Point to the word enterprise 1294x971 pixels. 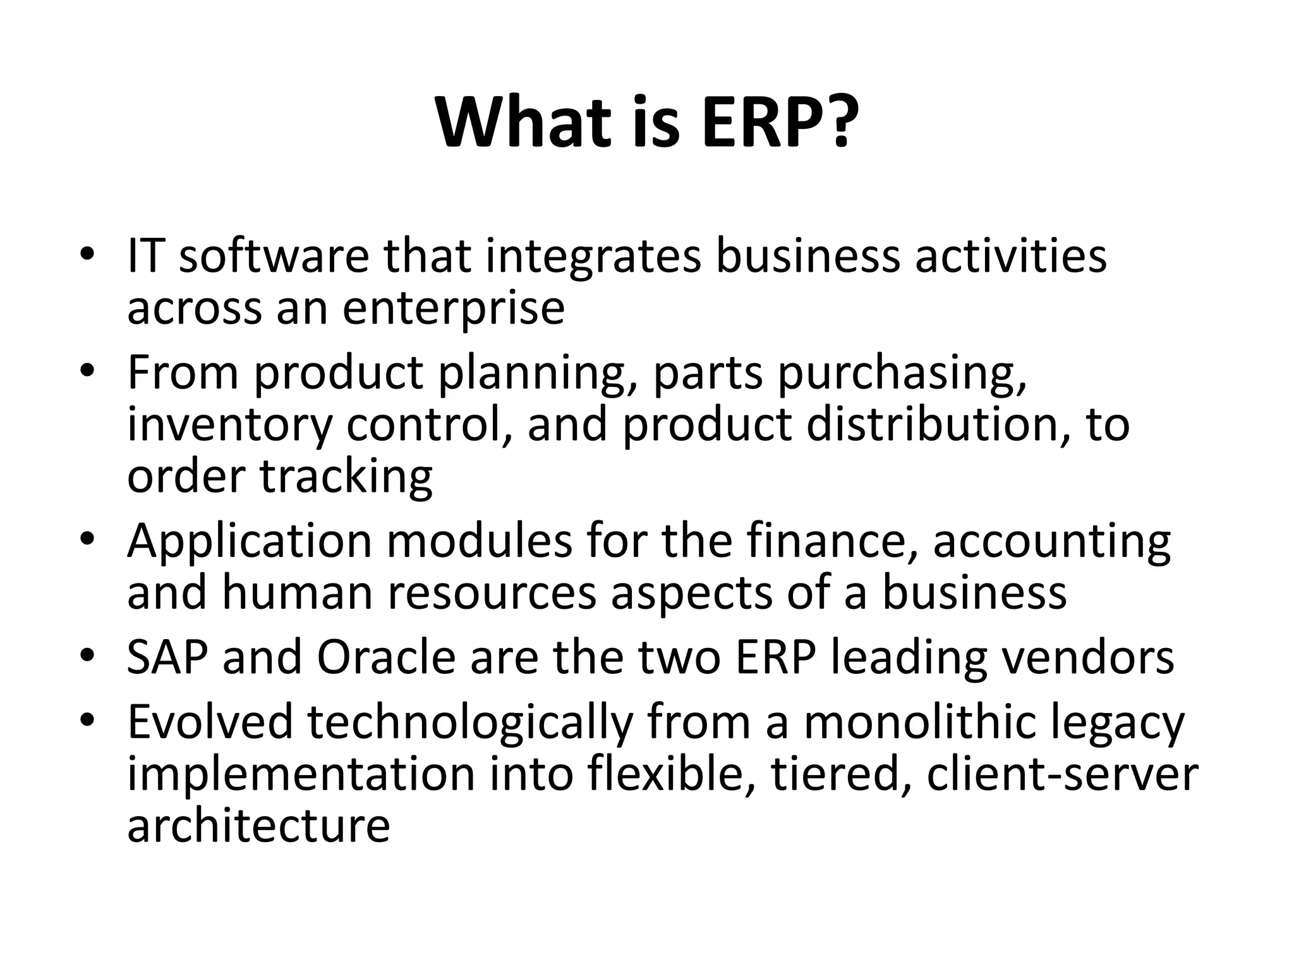(x=453, y=310)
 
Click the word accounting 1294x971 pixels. (x=1051, y=542)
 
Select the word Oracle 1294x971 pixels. (x=385, y=657)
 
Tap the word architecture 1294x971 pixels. (x=258, y=826)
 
